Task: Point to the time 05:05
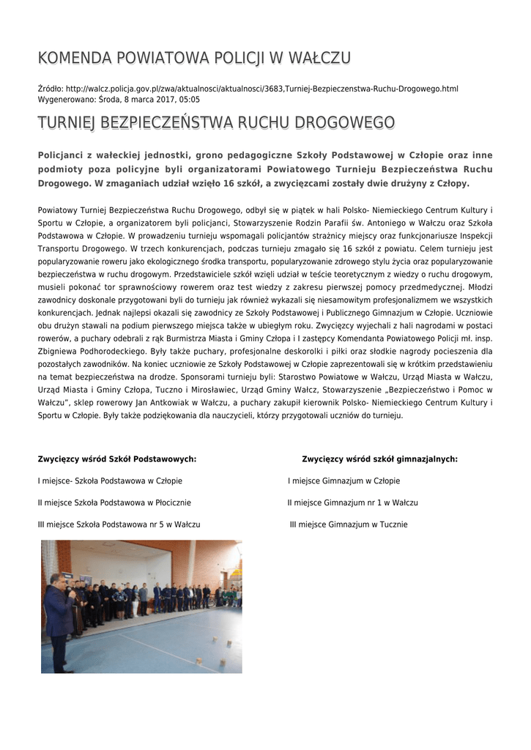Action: click(x=189, y=100)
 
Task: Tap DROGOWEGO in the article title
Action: click(x=347, y=122)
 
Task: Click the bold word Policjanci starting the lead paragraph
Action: click(x=64, y=155)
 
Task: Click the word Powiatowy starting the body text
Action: click(x=59, y=210)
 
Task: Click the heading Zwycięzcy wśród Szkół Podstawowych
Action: click(x=117, y=459)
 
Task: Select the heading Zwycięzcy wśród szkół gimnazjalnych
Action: click(x=379, y=459)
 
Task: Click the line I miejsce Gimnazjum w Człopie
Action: click(x=344, y=481)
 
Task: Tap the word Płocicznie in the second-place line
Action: click(x=171, y=503)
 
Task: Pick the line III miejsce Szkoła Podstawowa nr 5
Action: click(x=119, y=525)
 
